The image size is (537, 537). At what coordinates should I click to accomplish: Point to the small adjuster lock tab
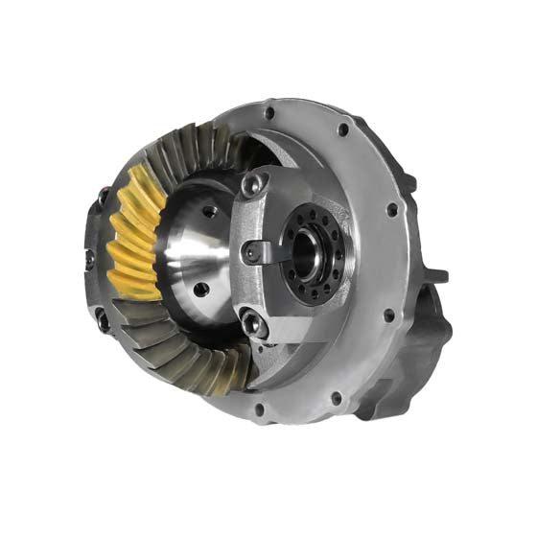[x=254, y=252]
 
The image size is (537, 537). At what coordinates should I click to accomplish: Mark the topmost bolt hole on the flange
[x=272, y=113]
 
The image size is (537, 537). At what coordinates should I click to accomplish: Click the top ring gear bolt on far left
[x=99, y=198]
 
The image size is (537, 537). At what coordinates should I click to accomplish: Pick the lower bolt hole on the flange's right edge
[x=387, y=313]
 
